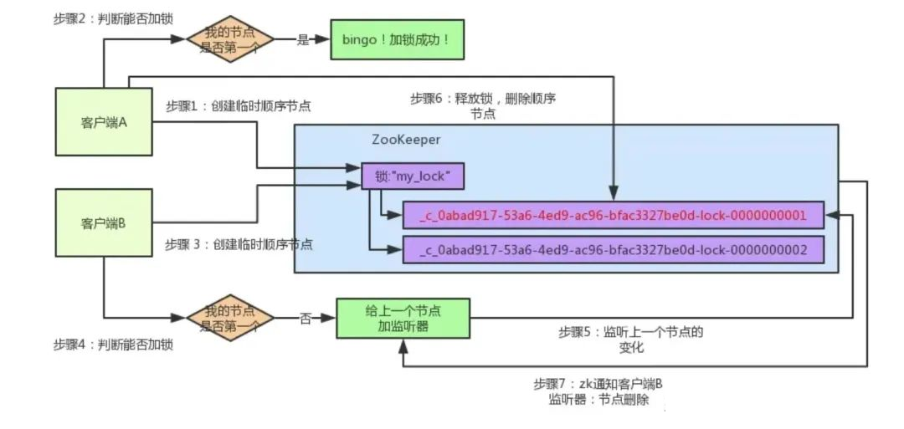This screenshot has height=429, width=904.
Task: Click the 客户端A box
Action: pos(104,121)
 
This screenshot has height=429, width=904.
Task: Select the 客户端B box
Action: pos(104,222)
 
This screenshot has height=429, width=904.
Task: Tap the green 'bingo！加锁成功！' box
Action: pos(397,40)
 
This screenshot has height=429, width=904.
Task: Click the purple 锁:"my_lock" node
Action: pos(412,176)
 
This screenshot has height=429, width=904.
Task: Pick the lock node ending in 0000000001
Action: pos(613,216)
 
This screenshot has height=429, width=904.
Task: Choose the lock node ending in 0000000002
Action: pos(613,249)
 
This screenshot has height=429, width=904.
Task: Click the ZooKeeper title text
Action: pos(406,140)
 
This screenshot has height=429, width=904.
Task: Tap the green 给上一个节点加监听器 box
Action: pos(403,319)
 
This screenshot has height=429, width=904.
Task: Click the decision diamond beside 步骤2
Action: pos(229,40)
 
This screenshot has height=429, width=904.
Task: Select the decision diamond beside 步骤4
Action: pos(229,319)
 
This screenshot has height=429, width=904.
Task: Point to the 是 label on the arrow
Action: pos(303,40)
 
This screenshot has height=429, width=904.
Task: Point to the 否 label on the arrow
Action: pos(305,319)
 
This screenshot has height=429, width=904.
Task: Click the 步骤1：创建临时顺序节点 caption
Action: pos(238,106)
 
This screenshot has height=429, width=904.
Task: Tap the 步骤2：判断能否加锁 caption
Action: pos(113,18)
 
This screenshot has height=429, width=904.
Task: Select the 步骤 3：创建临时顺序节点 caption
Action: pos(239,244)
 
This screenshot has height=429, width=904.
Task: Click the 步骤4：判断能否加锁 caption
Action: pos(113,345)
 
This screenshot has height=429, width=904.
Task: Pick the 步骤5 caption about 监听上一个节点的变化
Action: pos(631,340)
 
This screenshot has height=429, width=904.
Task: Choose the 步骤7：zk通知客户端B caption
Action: pos(602,391)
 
